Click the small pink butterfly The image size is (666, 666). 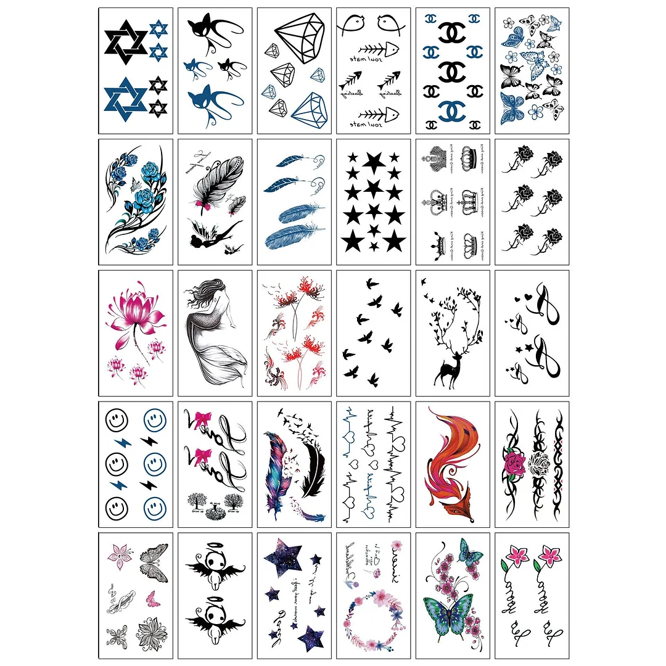(x=150, y=597)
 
